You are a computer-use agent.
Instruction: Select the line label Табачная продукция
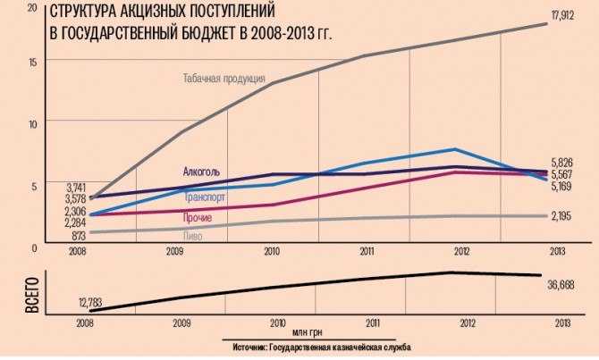pyautogui.click(x=224, y=78)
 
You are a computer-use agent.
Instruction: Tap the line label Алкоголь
pyautogui.click(x=201, y=172)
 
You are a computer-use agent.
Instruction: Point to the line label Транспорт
pyautogui.click(x=205, y=197)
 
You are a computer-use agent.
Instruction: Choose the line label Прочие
pyautogui.click(x=198, y=218)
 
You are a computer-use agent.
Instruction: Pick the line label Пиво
pyautogui.click(x=192, y=237)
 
